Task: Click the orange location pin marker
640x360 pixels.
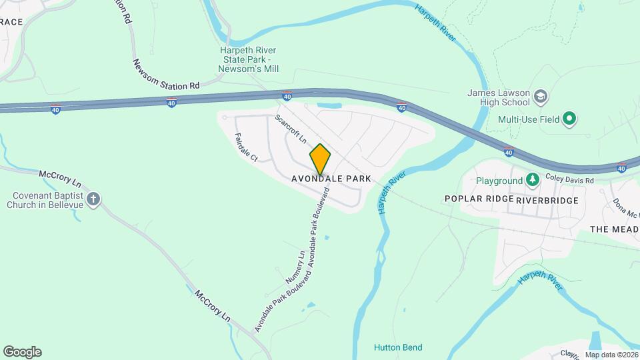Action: click(x=320, y=159)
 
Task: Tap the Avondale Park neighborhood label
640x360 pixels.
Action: click(x=331, y=179)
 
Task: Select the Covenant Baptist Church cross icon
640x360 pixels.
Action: click(x=93, y=198)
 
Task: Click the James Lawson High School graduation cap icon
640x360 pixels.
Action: click(x=541, y=97)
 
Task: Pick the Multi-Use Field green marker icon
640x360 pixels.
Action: click(x=569, y=120)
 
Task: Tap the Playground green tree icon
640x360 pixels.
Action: click(x=532, y=180)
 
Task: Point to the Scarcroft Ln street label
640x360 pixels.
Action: click(x=290, y=129)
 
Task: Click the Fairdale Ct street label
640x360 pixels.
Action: click(x=246, y=147)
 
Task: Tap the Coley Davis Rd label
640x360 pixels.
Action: click(x=569, y=178)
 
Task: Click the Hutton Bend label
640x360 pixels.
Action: click(x=398, y=347)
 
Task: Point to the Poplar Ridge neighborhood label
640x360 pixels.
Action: click(x=479, y=199)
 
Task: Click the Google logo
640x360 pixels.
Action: click(x=22, y=352)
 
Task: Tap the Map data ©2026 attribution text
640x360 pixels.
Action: click(x=611, y=355)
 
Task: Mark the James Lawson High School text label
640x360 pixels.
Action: click(x=498, y=97)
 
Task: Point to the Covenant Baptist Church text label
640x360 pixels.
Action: click(x=45, y=200)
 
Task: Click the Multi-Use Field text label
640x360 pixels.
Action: click(x=528, y=120)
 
